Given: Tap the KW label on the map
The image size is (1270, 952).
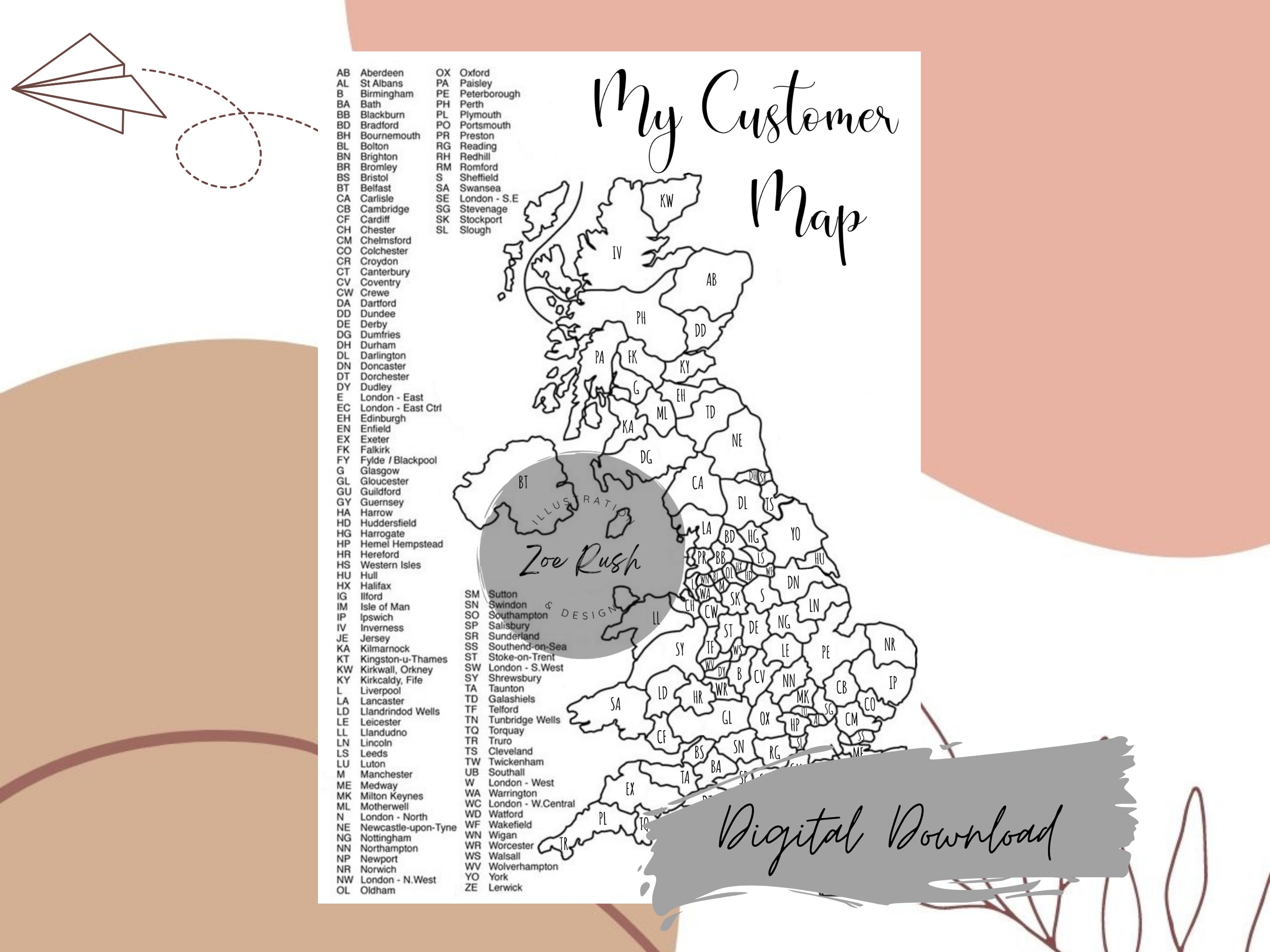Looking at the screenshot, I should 666,201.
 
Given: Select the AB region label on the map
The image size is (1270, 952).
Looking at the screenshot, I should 711,280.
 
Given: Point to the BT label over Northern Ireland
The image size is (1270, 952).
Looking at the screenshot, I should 523,483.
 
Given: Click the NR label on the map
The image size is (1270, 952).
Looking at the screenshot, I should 889,645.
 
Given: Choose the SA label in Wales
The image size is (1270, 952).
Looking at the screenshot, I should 615,704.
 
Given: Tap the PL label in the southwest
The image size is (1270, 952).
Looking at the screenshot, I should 602,819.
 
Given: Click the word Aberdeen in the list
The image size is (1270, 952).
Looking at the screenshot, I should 382,73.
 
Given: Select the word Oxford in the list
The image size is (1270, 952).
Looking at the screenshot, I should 474,73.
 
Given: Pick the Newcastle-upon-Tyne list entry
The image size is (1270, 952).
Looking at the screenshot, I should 408,827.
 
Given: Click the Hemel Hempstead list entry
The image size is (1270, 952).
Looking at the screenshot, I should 401,544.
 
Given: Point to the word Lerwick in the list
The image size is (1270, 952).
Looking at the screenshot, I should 505,887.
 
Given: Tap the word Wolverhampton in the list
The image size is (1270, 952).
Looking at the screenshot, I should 523,866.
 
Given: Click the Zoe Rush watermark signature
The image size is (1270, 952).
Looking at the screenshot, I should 580,559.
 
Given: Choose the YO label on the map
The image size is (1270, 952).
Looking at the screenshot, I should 795,534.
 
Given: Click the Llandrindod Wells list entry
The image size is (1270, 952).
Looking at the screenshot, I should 400,712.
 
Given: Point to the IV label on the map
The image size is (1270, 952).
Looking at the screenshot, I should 617,253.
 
